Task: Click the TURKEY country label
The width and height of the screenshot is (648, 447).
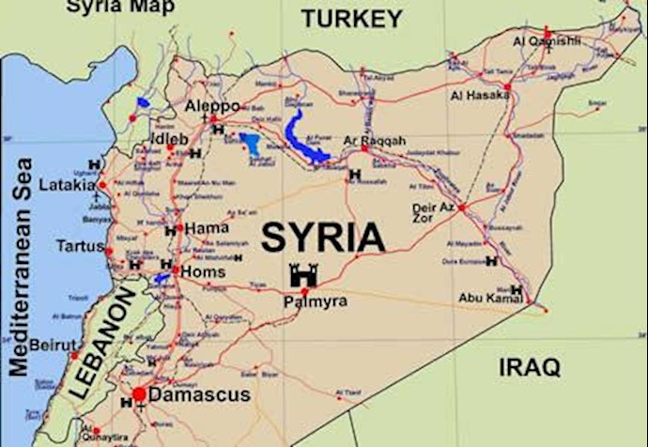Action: tap(352, 18)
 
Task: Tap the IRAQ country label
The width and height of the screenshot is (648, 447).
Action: tap(529, 365)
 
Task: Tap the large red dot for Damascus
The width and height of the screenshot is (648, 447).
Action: tap(139, 394)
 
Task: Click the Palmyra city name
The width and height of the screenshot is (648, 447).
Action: tap(316, 301)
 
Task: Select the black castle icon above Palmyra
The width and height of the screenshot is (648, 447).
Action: tap(303, 275)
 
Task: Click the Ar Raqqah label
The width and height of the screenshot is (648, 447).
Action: tap(375, 141)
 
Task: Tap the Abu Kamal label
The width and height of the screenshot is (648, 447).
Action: tap(489, 298)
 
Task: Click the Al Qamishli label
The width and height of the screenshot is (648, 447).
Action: tap(547, 41)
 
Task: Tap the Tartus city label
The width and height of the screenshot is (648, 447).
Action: tap(81, 246)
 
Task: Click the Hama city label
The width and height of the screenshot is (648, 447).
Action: tap(207, 228)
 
